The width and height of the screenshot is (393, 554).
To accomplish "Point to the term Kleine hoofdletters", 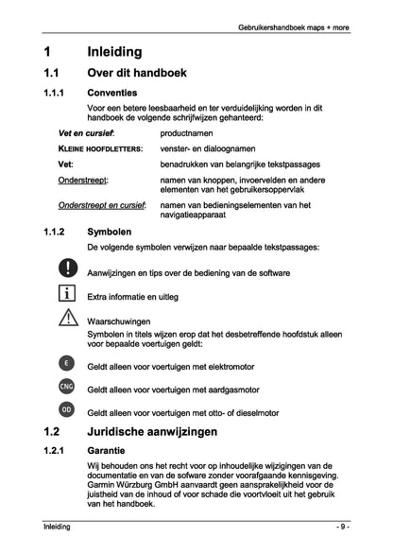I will point(100,148).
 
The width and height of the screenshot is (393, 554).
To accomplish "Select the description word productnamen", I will point(190,133).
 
